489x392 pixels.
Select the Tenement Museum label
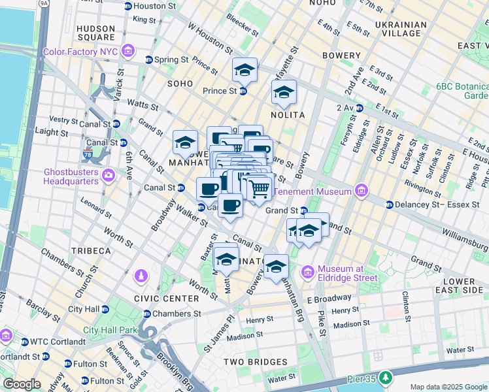pos(313,191)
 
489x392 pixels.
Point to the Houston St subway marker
pos(127,6)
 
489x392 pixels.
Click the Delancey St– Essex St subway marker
pos(390,204)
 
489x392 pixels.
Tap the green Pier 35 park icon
pos(387,378)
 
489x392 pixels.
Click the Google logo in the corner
pos(21,384)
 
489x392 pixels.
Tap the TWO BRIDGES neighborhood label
pos(251,361)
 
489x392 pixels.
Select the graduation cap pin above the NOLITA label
pos(284,93)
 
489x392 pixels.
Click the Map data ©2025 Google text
pos(448,387)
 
